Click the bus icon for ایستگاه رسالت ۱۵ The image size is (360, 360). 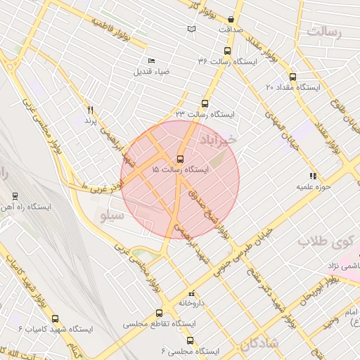(x=181, y=159)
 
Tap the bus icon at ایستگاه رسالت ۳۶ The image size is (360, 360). (x=226, y=51)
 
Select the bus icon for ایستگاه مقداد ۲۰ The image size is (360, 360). (x=292, y=77)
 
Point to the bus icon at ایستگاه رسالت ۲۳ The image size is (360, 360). (x=205, y=102)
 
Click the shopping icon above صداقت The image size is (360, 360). (x=232, y=19)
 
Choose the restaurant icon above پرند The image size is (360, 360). (x=90, y=110)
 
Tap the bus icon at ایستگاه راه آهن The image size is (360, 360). (x=15, y=196)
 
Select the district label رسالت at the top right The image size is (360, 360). (x=323, y=33)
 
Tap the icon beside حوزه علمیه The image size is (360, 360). (x=312, y=176)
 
